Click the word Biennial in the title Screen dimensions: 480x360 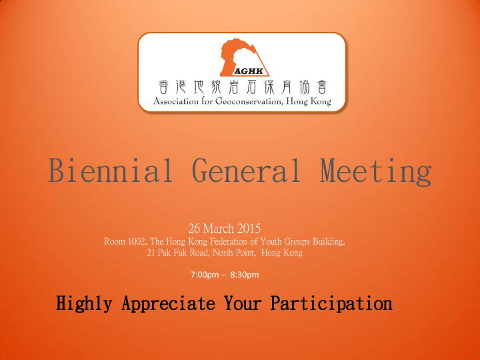pos(110,170)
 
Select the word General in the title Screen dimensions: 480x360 pos(246,170)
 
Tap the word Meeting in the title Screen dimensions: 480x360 pos(376,171)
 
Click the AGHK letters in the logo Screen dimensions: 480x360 pos(249,71)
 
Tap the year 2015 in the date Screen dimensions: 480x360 pos(249,229)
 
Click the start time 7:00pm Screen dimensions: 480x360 pos(205,275)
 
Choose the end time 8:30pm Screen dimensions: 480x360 pos(245,275)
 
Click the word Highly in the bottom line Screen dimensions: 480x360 pos(84,304)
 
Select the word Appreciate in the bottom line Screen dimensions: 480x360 pos(168,304)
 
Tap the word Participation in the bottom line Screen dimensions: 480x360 pos(331,304)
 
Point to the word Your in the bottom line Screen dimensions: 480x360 pos(243,303)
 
